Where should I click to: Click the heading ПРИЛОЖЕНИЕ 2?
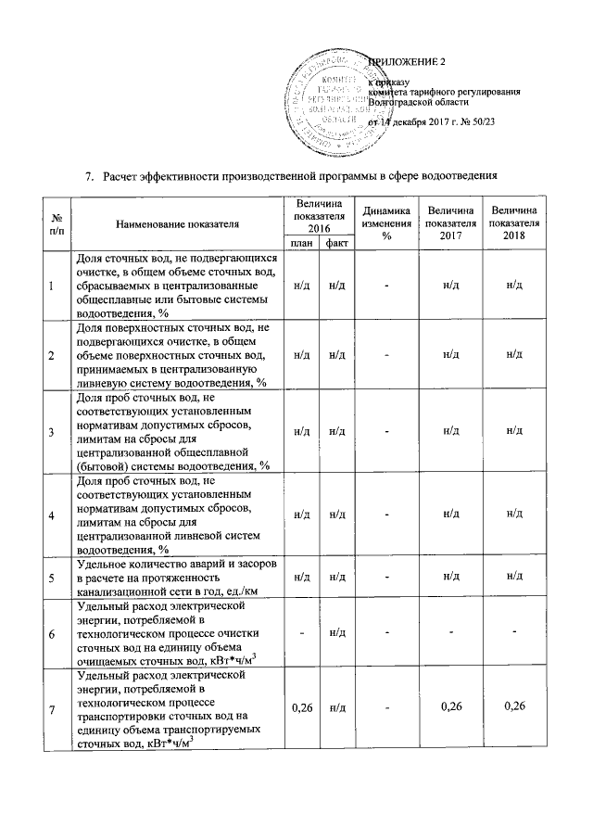coord(407,62)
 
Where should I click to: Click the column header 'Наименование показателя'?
coord(177,223)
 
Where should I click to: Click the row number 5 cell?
coord(52,577)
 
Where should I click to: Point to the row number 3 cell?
coord(52,432)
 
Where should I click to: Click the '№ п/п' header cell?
coord(52,223)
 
